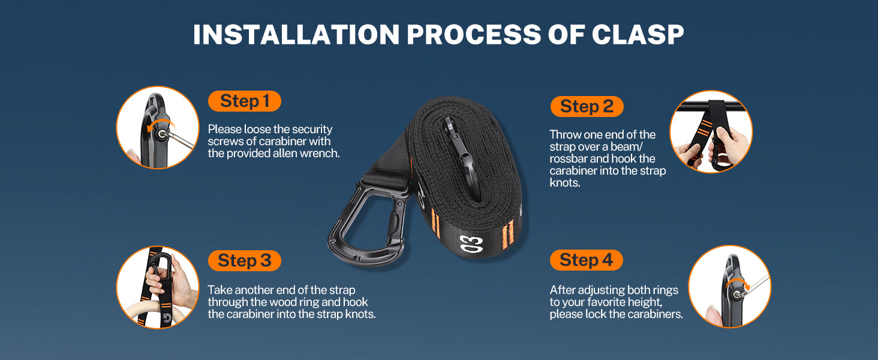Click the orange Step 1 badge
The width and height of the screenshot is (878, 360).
(245, 101)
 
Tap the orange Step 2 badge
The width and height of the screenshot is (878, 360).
(587, 106)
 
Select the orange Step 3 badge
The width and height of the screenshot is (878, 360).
(245, 261)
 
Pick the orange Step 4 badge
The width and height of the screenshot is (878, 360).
(587, 260)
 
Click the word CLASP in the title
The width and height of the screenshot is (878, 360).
(638, 35)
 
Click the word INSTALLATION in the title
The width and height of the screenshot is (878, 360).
(296, 35)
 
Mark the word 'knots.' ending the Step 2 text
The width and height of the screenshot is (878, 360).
(565, 183)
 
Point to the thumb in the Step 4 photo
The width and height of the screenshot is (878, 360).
(714, 316)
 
